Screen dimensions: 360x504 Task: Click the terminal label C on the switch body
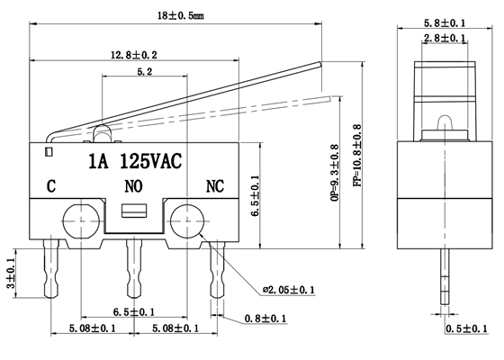tap(51, 187)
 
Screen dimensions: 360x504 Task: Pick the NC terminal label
tap(215, 187)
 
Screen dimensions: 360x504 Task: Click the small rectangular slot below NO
tap(132, 212)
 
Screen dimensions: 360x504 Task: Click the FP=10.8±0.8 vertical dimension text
tap(357, 156)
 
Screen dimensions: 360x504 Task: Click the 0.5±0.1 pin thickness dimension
tap(466, 328)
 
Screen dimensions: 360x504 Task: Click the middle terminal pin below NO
tap(133, 270)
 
